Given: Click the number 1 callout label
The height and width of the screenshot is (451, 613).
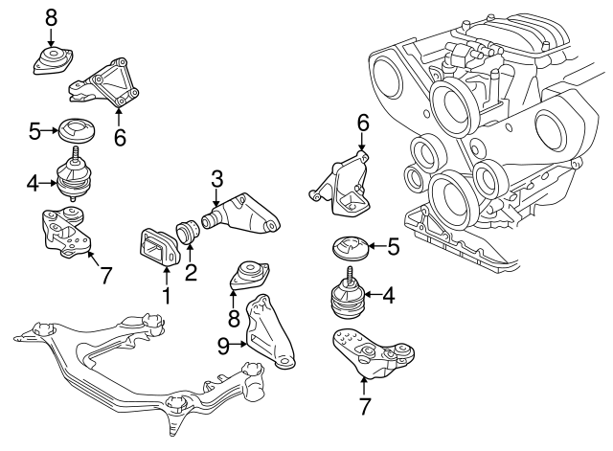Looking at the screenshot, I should click(x=165, y=297).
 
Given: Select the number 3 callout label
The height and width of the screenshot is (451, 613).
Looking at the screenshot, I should click(x=217, y=177).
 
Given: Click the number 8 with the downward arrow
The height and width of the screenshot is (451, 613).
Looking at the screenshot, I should click(x=51, y=16).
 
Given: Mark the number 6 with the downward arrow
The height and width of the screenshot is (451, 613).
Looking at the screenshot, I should click(x=362, y=122).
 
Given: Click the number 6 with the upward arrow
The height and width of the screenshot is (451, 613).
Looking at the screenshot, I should click(x=120, y=137).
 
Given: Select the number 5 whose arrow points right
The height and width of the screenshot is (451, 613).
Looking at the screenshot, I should click(x=34, y=130).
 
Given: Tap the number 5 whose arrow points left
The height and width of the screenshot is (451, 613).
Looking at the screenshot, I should click(x=394, y=247).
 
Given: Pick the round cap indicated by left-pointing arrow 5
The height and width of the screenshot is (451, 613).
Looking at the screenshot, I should click(x=351, y=248).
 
